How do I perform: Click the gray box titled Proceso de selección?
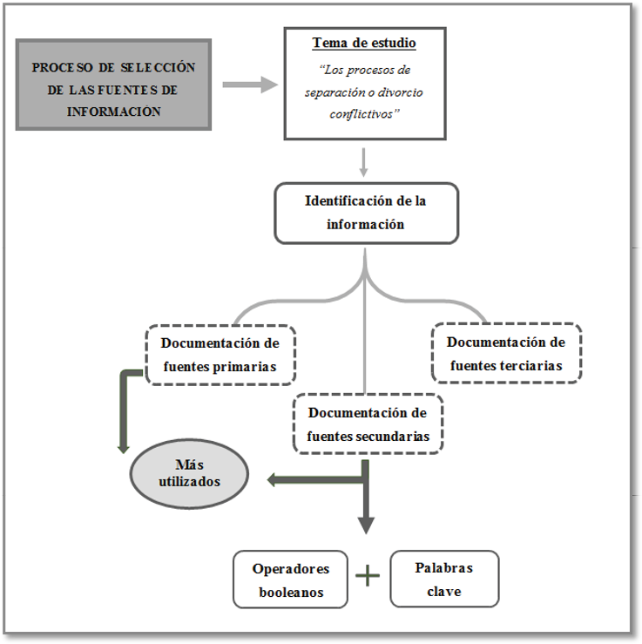(113, 85)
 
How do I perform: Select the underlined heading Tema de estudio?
(364, 43)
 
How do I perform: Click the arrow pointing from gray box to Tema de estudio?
(249, 85)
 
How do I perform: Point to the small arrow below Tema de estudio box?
(364, 161)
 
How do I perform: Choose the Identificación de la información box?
(366, 212)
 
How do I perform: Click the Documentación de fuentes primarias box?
(220, 355)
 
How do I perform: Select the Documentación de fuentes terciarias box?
(506, 354)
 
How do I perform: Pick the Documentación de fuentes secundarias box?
(368, 424)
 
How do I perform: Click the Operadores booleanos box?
(290, 580)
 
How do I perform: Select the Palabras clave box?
(444, 579)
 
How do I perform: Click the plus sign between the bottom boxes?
(368, 576)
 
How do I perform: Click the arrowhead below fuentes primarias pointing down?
(124, 447)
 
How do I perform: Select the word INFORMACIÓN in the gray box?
(114, 112)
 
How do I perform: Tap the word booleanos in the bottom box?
(291, 592)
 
